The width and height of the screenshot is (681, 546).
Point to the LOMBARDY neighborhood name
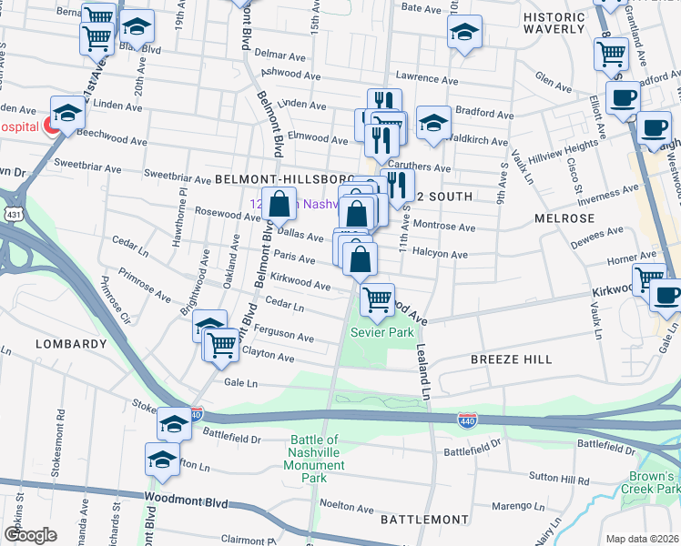pyautogui.click(x=72, y=344)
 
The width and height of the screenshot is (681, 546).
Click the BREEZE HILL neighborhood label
pyautogui.click(x=511, y=359)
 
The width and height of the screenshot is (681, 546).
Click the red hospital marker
pyautogui.click(x=52, y=126)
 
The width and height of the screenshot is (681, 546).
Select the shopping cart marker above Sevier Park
pyautogui.click(x=377, y=298)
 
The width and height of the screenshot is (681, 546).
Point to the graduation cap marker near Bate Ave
pyautogui.click(x=464, y=35)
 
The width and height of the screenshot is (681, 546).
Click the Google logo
pyautogui.click(x=31, y=535)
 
